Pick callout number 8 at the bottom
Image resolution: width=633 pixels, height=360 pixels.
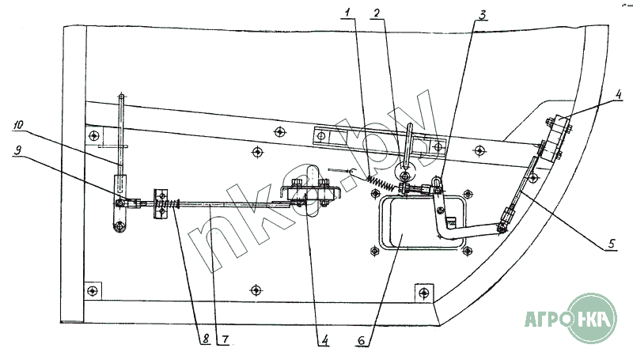[x=204, y=339]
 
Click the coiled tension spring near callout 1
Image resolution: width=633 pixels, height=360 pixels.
[x=381, y=185]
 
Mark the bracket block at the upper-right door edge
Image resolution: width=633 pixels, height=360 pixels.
[x=559, y=129]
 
